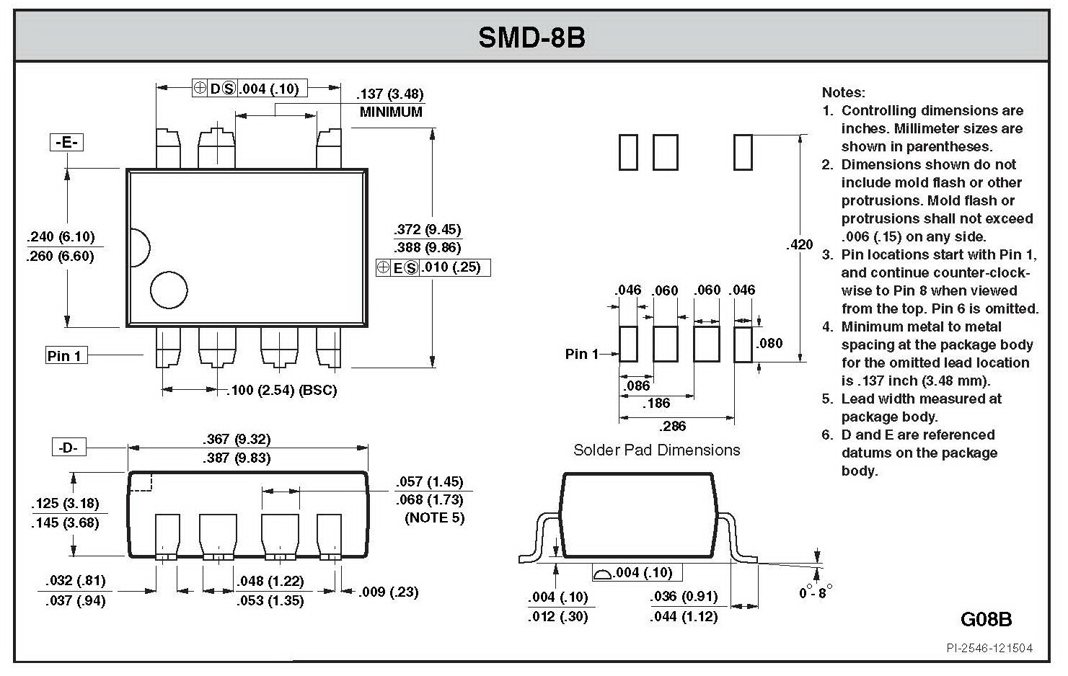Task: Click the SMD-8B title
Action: (x=531, y=37)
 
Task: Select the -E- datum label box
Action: (x=66, y=142)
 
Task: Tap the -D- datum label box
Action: (x=68, y=448)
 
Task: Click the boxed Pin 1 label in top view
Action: (x=65, y=355)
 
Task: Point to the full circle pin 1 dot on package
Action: (x=169, y=290)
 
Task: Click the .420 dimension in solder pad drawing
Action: (x=799, y=244)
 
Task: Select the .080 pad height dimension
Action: (x=769, y=343)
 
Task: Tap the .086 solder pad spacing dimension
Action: (x=637, y=386)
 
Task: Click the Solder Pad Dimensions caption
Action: (x=656, y=450)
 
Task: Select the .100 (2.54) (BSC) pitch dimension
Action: (x=282, y=390)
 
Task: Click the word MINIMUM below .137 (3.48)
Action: (x=391, y=112)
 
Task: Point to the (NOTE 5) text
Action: (x=435, y=517)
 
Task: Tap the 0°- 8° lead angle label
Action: (x=816, y=592)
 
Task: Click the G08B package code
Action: (x=986, y=619)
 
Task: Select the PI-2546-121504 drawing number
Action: (x=989, y=648)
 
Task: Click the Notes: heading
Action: (x=843, y=92)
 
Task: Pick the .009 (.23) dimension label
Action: (x=388, y=592)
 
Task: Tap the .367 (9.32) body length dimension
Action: (x=237, y=439)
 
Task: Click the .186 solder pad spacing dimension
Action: (x=656, y=404)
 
